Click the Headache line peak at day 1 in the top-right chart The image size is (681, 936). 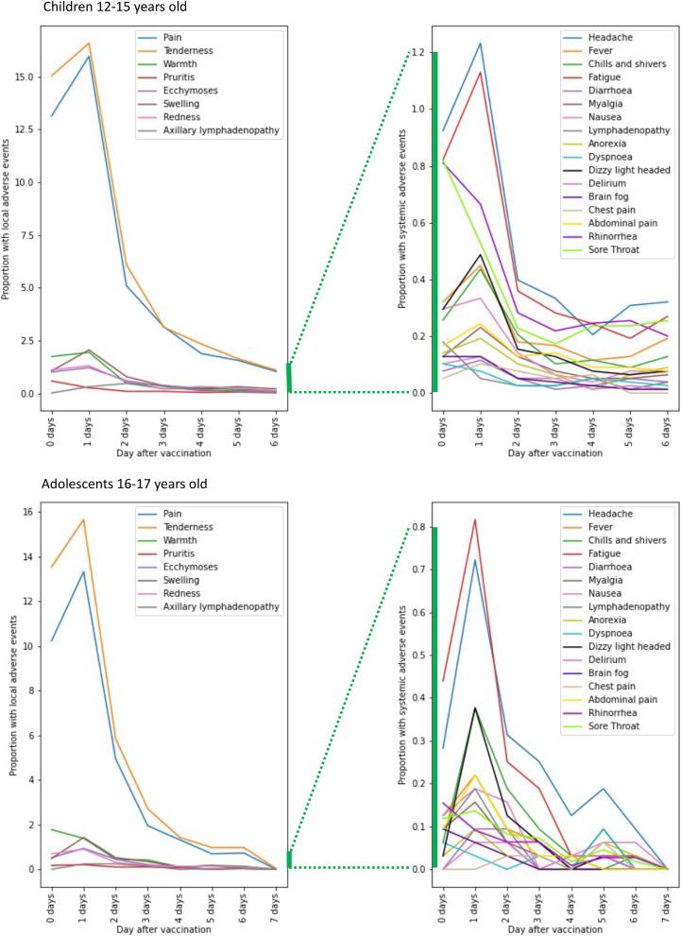coord(480,43)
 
